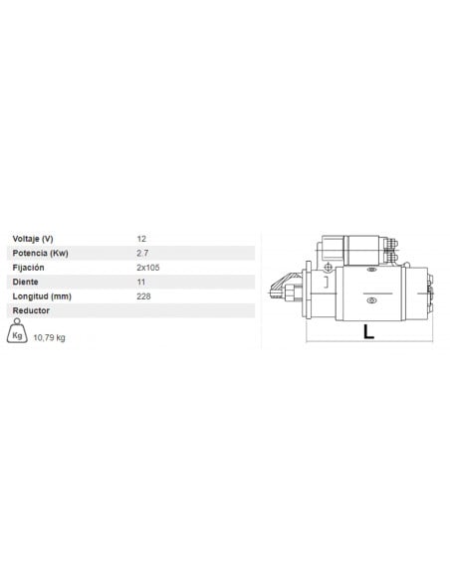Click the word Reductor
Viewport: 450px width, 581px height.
[31, 310]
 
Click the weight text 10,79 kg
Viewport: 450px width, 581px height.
[50, 337]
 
